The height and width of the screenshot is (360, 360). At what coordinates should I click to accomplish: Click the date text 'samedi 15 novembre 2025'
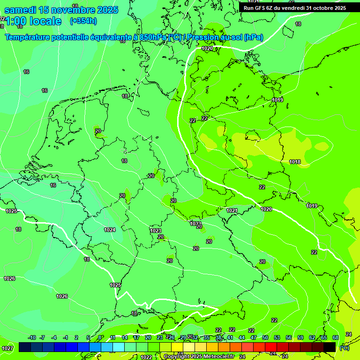pos(61,10)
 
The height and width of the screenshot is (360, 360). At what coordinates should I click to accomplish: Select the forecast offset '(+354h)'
pos(83,21)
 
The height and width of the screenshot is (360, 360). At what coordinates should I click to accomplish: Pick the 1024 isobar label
pos(110,230)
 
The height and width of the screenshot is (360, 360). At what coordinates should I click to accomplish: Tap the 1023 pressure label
pos(156,231)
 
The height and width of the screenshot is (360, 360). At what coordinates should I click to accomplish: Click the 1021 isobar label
pos(232,210)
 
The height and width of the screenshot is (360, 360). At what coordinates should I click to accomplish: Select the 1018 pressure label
pos(295,162)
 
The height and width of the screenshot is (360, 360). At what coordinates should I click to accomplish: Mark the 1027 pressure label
pos(7,348)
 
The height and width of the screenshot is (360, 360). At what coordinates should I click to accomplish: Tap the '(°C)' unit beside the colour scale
pos(344,348)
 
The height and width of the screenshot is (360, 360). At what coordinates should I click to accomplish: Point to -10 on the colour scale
pos(32,337)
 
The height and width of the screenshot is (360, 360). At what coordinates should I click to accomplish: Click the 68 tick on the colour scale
pos(336,337)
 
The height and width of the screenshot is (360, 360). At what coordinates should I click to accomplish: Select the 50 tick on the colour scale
pos(265,337)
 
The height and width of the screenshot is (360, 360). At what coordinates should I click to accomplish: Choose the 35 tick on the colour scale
pos(207,337)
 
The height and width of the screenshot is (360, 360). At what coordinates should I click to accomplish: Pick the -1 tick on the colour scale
pos(66,337)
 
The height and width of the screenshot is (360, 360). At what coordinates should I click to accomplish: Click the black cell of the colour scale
pos(330,347)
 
